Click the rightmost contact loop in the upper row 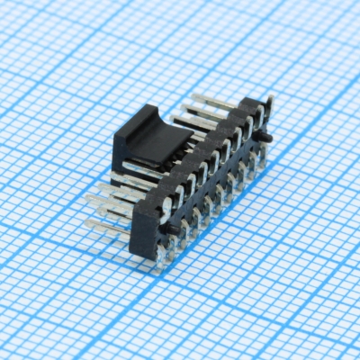(x=259, y=114)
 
